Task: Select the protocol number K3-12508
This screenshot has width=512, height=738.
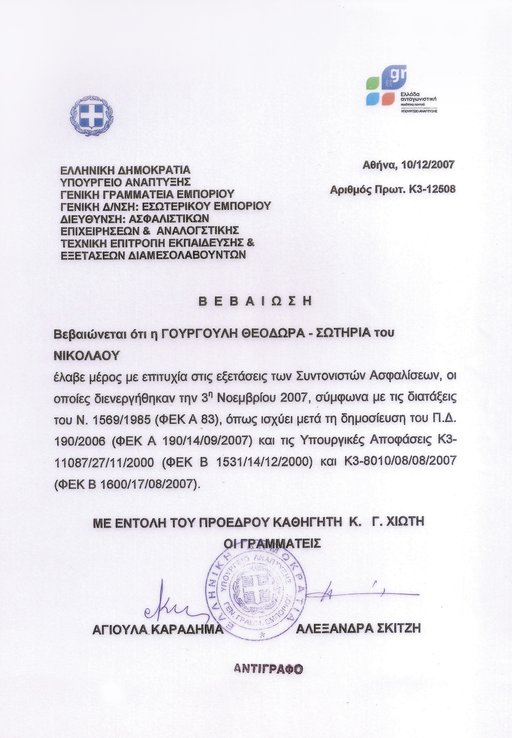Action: tap(432, 189)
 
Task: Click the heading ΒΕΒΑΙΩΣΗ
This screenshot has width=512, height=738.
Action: tap(255, 301)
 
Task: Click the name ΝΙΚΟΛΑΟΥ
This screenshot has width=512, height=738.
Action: tap(86, 355)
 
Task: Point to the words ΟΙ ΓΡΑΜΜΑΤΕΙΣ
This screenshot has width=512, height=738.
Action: tap(272, 543)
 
